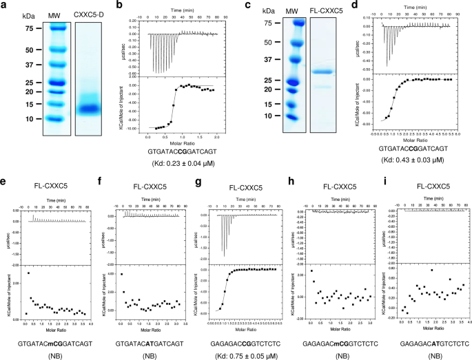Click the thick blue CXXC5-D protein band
click(93, 109)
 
